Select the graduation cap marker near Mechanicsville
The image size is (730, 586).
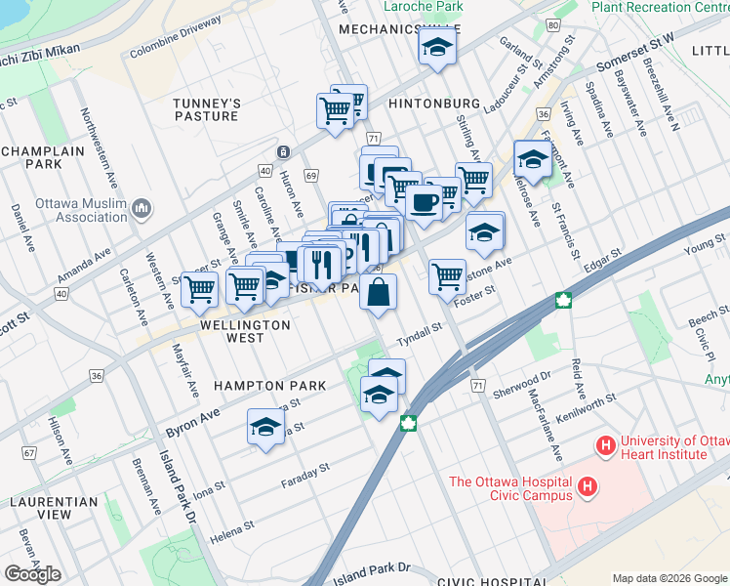(437, 46)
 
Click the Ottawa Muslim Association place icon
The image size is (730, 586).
(142, 207)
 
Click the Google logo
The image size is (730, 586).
(32, 574)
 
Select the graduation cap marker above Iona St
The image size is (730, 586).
(265, 427)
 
